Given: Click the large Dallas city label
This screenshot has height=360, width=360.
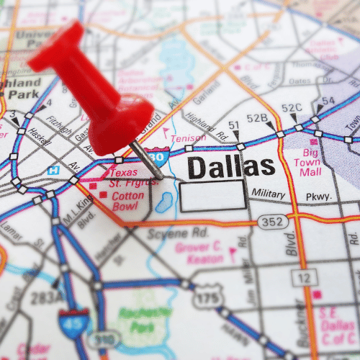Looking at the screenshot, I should point(230,167).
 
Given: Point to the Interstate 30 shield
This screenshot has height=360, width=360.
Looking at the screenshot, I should point(155,154).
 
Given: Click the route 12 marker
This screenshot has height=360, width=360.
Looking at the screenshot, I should point(305,276).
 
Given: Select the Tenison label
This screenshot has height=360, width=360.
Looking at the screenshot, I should point(188,138).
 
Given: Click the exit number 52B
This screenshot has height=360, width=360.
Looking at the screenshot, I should point(257,117).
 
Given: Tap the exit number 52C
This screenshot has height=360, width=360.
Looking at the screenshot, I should point(292,108).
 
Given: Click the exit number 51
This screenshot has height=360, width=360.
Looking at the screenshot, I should point(233,125).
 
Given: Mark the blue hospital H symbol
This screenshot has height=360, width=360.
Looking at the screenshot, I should point(53,171).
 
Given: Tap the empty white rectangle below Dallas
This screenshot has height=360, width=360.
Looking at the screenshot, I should point(212,196).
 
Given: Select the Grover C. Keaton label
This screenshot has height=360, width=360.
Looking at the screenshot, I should point(199,253).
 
